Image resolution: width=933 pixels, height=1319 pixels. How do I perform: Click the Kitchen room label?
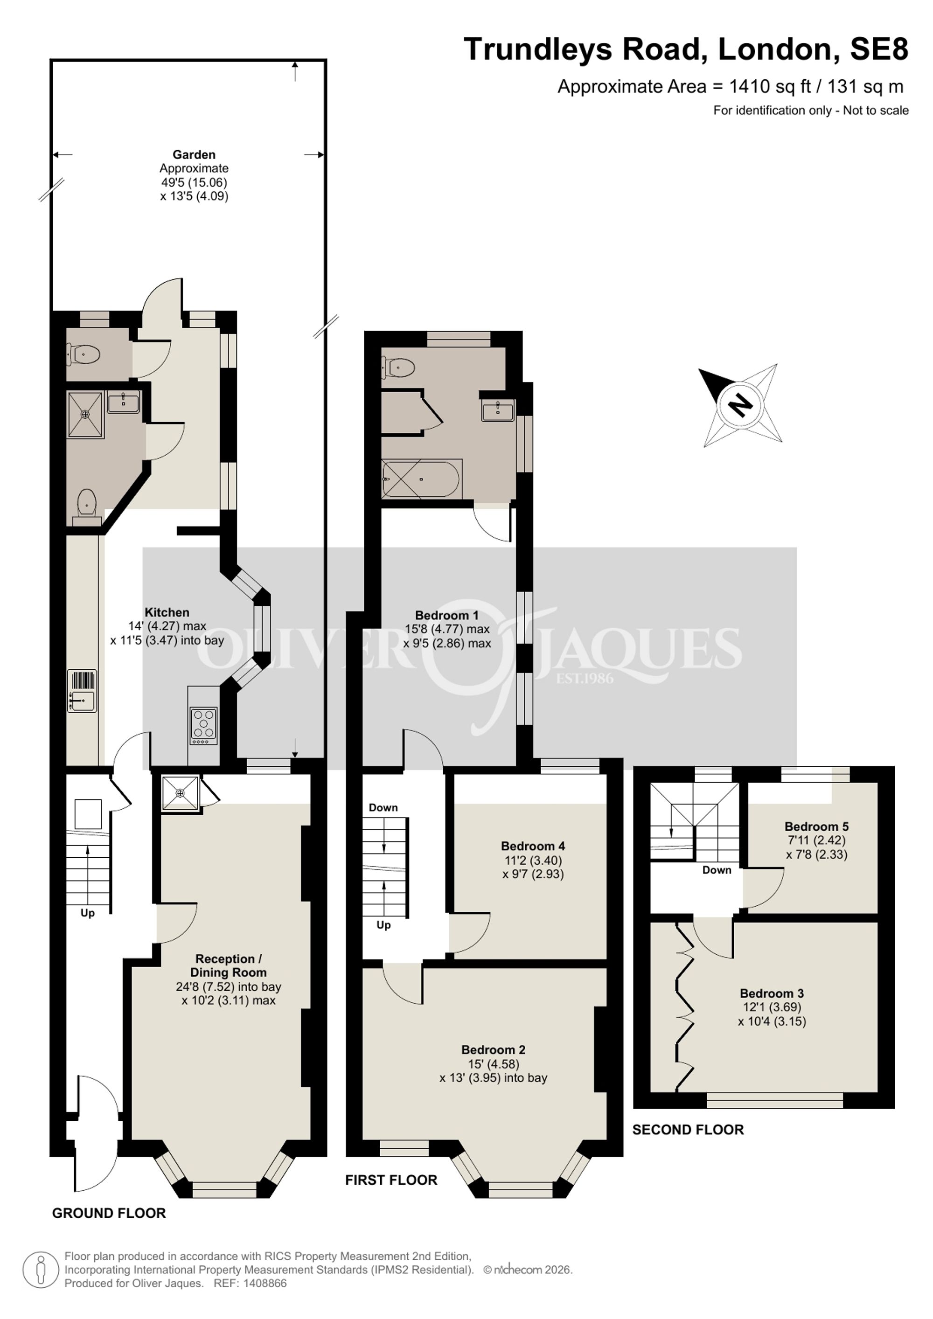[x=167, y=612]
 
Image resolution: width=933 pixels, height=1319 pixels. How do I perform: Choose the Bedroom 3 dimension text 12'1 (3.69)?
[x=772, y=1007]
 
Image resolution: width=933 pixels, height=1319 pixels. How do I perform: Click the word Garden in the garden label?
[x=194, y=154]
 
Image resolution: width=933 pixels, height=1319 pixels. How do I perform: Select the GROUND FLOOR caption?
[x=109, y=1213]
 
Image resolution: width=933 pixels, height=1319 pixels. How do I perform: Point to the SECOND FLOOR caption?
[x=688, y=1130]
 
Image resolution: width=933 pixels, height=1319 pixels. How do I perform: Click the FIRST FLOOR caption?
[x=391, y=1180]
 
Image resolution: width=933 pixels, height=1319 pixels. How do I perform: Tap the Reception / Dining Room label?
[x=229, y=965]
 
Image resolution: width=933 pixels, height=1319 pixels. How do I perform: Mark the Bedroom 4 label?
[x=533, y=846]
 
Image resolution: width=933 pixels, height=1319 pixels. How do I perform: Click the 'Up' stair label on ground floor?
[x=87, y=913]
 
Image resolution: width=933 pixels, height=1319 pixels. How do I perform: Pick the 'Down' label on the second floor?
[x=717, y=870]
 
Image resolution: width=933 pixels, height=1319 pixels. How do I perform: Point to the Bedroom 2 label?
[x=493, y=1049]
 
